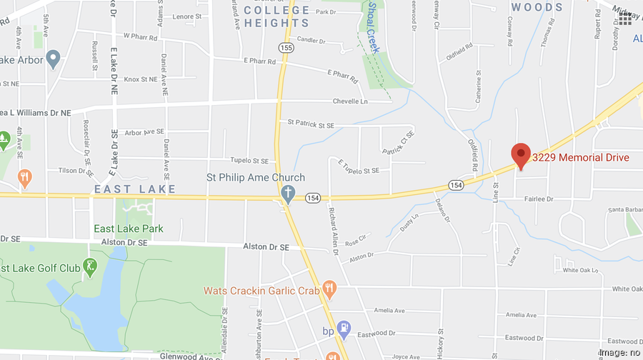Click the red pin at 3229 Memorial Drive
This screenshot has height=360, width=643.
521,154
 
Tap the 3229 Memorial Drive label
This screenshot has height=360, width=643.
580,157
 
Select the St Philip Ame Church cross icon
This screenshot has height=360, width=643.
287,194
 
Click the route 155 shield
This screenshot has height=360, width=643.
286,48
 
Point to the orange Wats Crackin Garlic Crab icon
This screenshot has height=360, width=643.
329,289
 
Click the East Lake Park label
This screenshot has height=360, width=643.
129,229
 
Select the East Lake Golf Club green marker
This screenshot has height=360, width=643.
90,267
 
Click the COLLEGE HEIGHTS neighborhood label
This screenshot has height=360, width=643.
277,16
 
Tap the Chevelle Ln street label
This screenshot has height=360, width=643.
369,101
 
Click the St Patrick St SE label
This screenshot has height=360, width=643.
311,124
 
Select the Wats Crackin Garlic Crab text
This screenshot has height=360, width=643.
261,291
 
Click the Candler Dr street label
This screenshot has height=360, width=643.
311,41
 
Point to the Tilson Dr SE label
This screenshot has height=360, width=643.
76,170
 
